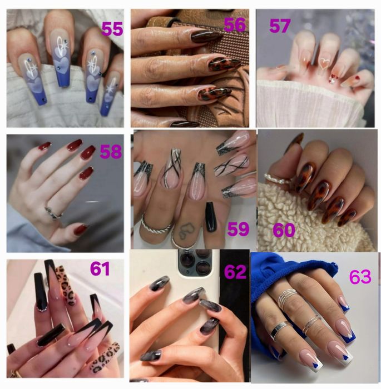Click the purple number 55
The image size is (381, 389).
tap(112, 29)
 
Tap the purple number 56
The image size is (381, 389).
tap(235, 25)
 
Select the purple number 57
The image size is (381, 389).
tap(280, 26)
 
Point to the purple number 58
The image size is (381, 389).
tap(111, 152)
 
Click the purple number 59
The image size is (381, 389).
tap(238, 229)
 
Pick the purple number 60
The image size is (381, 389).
tap(284, 230)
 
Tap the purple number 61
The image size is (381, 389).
tap(100, 269)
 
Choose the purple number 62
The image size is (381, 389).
tap(235, 272)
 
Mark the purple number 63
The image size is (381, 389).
tap(360, 277)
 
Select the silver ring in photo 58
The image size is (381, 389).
tap(53, 213)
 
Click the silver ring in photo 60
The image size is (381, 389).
tap(277, 178)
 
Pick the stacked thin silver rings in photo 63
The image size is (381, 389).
tap(288, 296)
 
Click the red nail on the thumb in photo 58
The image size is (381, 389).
tap(81, 229)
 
